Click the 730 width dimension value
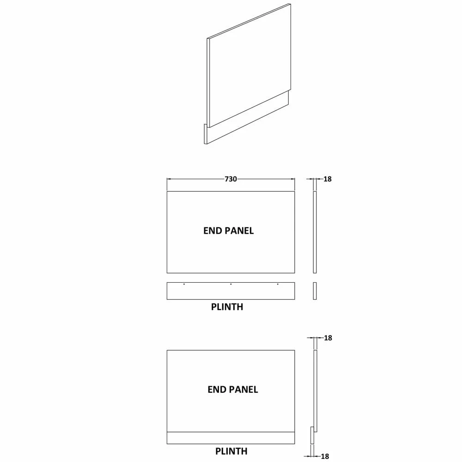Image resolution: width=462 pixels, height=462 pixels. pos(231,179)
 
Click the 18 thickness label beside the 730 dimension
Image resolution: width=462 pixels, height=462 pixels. pos(328,179)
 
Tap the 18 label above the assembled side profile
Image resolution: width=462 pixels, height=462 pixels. pos(328,338)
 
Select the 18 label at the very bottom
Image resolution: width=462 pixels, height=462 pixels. pos(325,456)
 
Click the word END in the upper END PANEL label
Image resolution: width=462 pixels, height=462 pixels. pos(212,231)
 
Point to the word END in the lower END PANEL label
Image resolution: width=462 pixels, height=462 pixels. pos(216,389)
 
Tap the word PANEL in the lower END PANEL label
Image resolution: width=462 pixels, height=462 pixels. pos(243,389)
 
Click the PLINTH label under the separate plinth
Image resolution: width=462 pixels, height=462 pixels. pos(227,307)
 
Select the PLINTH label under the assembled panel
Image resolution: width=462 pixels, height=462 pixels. pos(231,451)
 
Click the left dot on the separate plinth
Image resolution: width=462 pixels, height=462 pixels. pos(184,284)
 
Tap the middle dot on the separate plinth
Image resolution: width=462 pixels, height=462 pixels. pos(231,284)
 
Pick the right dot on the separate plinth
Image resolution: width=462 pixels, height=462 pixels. pos(278,284)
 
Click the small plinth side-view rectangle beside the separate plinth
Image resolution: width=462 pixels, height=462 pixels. pos(315,291)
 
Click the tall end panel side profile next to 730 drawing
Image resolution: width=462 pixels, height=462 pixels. pos(315,232)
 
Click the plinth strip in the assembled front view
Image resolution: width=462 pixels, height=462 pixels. pos(231,438)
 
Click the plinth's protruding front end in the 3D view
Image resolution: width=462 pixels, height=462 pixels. pos(206,134)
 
